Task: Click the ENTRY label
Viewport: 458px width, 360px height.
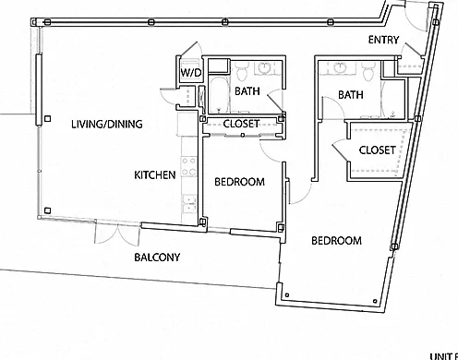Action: (383, 40)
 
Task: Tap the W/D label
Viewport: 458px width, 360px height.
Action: (191, 73)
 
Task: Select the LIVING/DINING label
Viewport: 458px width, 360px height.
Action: (107, 124)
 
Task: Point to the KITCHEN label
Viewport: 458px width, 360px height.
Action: (155, 175)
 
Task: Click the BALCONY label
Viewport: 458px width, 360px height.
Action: (157, 258)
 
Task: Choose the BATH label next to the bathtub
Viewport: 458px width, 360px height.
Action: (247, 91)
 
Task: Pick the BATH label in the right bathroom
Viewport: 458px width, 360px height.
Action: (351, 95)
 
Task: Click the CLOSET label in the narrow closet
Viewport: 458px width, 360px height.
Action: (241, 124)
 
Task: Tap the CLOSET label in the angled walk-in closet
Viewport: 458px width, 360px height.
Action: (377, 150)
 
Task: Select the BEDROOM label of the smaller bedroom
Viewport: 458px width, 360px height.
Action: (239, 182)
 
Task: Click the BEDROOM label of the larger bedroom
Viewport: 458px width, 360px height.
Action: (336, 241)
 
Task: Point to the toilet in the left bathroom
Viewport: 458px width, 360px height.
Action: (242, 70)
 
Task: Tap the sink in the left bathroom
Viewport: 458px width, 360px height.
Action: (264, 68)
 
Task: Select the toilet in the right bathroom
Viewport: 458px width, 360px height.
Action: (368, 71)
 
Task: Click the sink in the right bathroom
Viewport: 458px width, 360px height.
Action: (341, 68)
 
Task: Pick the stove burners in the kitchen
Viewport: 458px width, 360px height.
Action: (188, 166)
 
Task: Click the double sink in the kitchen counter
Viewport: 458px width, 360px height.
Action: (189, 203)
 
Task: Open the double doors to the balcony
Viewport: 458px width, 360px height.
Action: (117, 234)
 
